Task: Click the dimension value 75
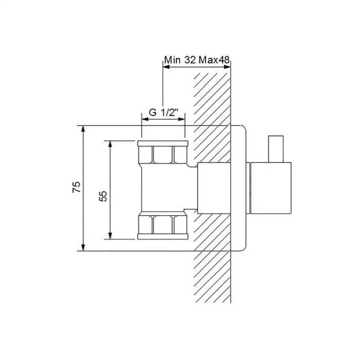77,187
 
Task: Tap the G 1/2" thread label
164,113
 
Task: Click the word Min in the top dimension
172,60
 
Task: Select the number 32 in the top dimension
190,60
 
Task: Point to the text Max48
214,60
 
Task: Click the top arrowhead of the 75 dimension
83,129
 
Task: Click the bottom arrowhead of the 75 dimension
83,247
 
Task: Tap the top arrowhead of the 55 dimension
110,145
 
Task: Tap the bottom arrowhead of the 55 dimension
110,236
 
